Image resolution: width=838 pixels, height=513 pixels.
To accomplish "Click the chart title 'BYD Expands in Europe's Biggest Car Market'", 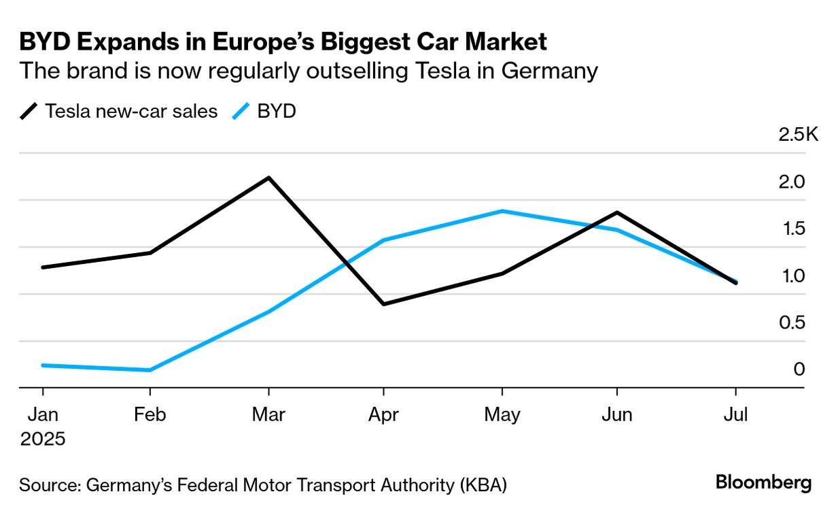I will pyautogui.click(x=283, y=42).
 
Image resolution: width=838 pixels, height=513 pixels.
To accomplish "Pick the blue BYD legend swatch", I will pyautogui.click(x=242, y=112).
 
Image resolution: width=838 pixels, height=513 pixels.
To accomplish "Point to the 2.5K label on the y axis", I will pyautogui.click(x=799, y=134).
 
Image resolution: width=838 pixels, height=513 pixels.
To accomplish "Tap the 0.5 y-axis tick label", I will pyautogui.click(x=792, y=322).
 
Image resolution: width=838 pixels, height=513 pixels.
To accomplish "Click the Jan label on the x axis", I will pyautogui.click(x=42, y=415).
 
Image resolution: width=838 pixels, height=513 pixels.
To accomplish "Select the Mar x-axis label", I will pyautogui.click(x=269, y=415).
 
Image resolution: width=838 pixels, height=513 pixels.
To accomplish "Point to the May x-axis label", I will pyautogui.click(x=502, y=415).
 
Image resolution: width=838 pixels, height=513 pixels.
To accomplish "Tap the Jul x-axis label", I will pyautogui.click(x=735, y=415).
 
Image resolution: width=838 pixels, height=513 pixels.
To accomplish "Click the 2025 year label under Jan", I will pyautogui.click(x=43, y=440).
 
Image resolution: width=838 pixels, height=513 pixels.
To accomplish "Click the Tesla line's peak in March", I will pyautogui.click(x=269, y=178).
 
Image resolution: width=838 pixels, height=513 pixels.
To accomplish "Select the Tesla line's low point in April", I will pyautogui.click(x=384, y=303).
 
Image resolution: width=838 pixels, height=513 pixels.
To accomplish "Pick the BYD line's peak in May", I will pyautogui.click(x=502, y=211).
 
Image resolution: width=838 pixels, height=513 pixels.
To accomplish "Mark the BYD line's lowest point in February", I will pyautogui.click(x=149, y=370).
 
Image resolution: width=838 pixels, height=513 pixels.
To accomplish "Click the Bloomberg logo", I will pyautogui.click(x=763, y=483).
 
